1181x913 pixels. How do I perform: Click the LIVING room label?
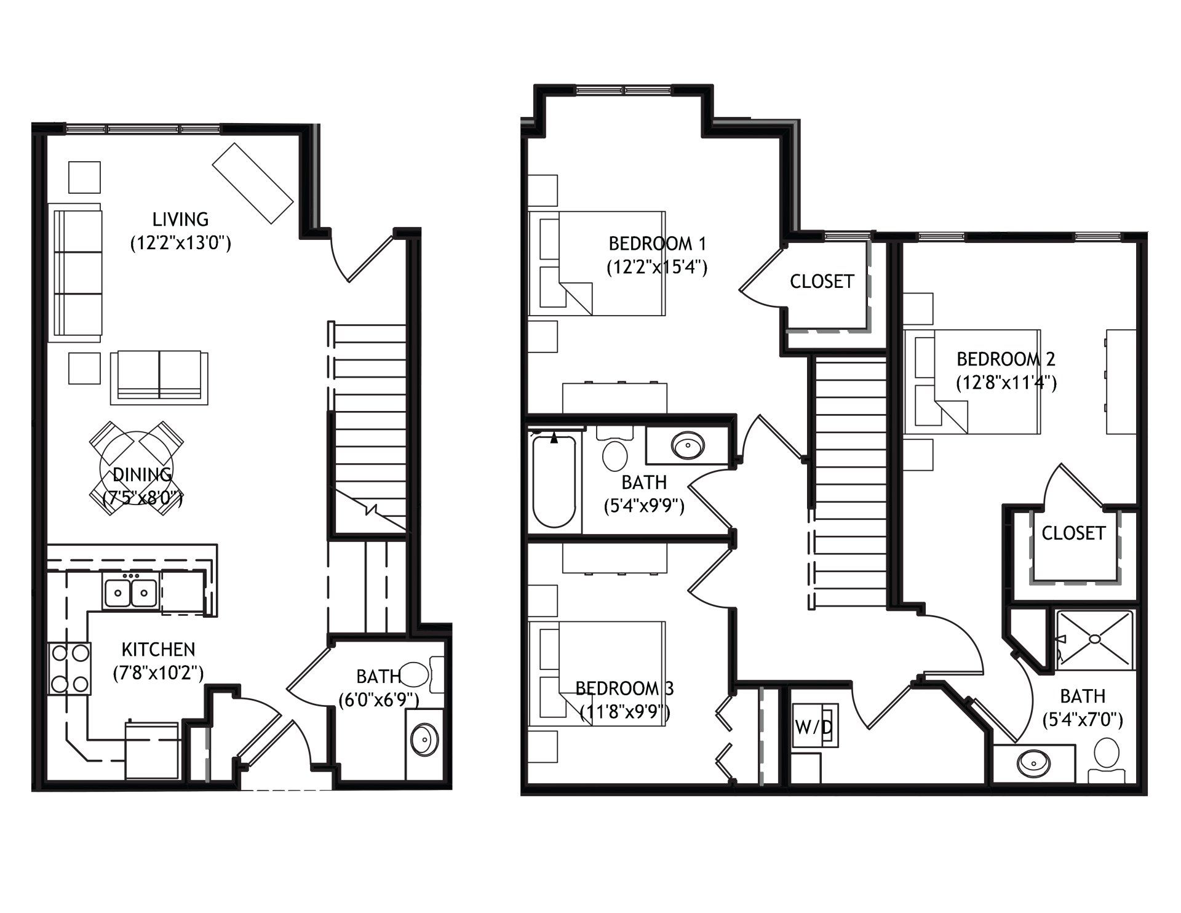(x=181, y=219)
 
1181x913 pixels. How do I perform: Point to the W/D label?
(x=813, y=727)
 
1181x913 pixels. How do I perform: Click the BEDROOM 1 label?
(x=657, y=244)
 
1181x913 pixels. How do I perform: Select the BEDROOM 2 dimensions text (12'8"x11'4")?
(x=1006, y=383)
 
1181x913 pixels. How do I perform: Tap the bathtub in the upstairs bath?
(x=554, y=482)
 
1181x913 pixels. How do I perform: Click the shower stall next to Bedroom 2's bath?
(x=1094, y=639)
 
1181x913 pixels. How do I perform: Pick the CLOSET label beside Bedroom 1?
(x=822, y=282)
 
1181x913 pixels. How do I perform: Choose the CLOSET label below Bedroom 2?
(x=1073, y=533)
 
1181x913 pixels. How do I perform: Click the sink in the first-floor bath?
(x=424, y=736)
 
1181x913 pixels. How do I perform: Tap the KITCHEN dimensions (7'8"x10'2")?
(x=159, y=674)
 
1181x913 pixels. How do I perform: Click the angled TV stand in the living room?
(x=252, y=183)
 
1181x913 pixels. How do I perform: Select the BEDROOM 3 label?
(x=624, y=688)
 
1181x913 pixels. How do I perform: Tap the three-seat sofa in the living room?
(x=76, y=273)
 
